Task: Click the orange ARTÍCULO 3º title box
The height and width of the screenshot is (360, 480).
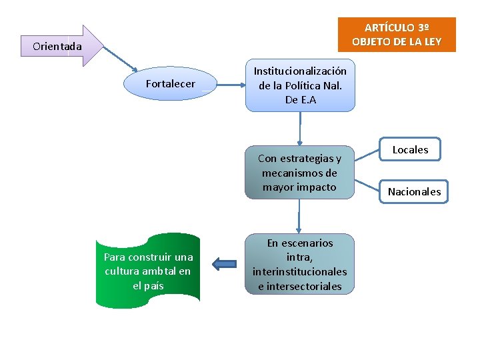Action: click(397, 35)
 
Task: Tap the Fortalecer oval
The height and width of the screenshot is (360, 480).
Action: click(171, 84)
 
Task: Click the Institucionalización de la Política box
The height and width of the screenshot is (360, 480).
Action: click(300, 85)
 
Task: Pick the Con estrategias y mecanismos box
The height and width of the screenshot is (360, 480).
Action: click(299, 173)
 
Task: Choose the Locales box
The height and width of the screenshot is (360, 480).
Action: click(410, 150)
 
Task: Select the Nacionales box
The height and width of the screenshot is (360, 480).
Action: click(414, 192)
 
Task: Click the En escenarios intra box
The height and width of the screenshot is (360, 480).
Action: click(299, 265)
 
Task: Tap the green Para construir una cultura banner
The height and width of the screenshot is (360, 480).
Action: click(148, 271)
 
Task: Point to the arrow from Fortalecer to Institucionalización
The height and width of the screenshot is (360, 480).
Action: click(231, 85)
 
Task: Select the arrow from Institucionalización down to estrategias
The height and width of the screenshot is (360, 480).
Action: click(300, 128)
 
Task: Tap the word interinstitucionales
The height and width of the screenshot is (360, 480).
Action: click(299, 272)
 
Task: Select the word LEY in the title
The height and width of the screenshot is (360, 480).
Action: click(430, 42)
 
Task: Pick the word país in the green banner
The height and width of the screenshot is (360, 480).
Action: click(153, 285)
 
